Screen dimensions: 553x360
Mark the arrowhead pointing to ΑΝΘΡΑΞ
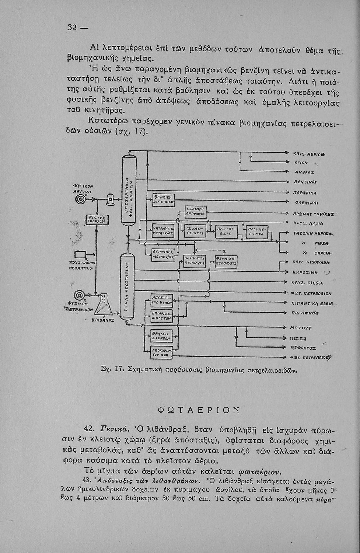coord(287,172)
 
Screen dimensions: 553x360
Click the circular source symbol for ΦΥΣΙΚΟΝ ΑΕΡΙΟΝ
coord(78,199)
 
